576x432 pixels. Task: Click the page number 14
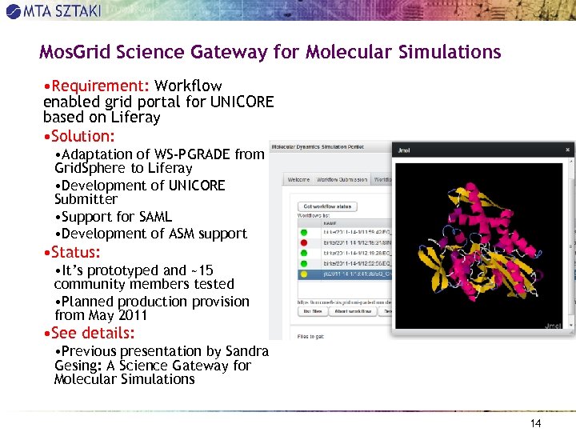536,423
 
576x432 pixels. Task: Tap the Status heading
76,252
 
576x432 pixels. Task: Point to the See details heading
93,333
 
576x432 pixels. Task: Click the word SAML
155,217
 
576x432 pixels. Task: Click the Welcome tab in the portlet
298,179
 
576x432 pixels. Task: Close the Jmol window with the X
568,150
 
